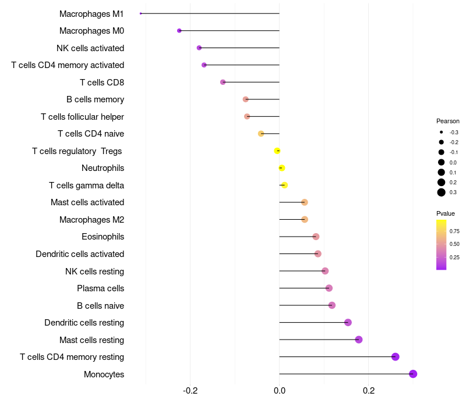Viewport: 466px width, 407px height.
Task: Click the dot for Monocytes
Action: tap(413, 374)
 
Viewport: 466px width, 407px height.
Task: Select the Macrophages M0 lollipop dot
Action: tap(179, 31)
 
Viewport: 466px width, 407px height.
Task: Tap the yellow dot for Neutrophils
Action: tap(281, 168)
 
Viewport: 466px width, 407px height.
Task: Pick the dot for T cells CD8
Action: tap(223, 82)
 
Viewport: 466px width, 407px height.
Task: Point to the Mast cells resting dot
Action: tap(359, 340)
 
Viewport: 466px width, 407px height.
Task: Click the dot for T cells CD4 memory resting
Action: tap(396, 357)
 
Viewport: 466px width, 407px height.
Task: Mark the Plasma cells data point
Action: tap(329, 288)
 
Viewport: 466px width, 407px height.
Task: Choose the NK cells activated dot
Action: tap(199, 48)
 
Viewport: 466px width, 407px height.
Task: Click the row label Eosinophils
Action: tap(103, 237)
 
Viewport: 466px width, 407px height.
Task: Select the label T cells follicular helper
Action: tap(82, 117)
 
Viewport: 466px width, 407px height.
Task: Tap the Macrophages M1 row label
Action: tap(91, 13)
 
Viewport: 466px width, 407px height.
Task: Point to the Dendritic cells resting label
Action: tap(84, 323)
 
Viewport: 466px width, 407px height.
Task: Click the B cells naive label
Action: tap(100, 305)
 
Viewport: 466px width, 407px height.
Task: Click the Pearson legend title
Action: tap(448, 122)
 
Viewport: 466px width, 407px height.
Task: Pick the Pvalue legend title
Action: tap(446, 213)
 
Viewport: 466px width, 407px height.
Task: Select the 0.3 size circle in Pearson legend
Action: tap(442, 192)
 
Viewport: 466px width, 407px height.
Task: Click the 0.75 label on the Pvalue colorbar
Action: tap(454, 231)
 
